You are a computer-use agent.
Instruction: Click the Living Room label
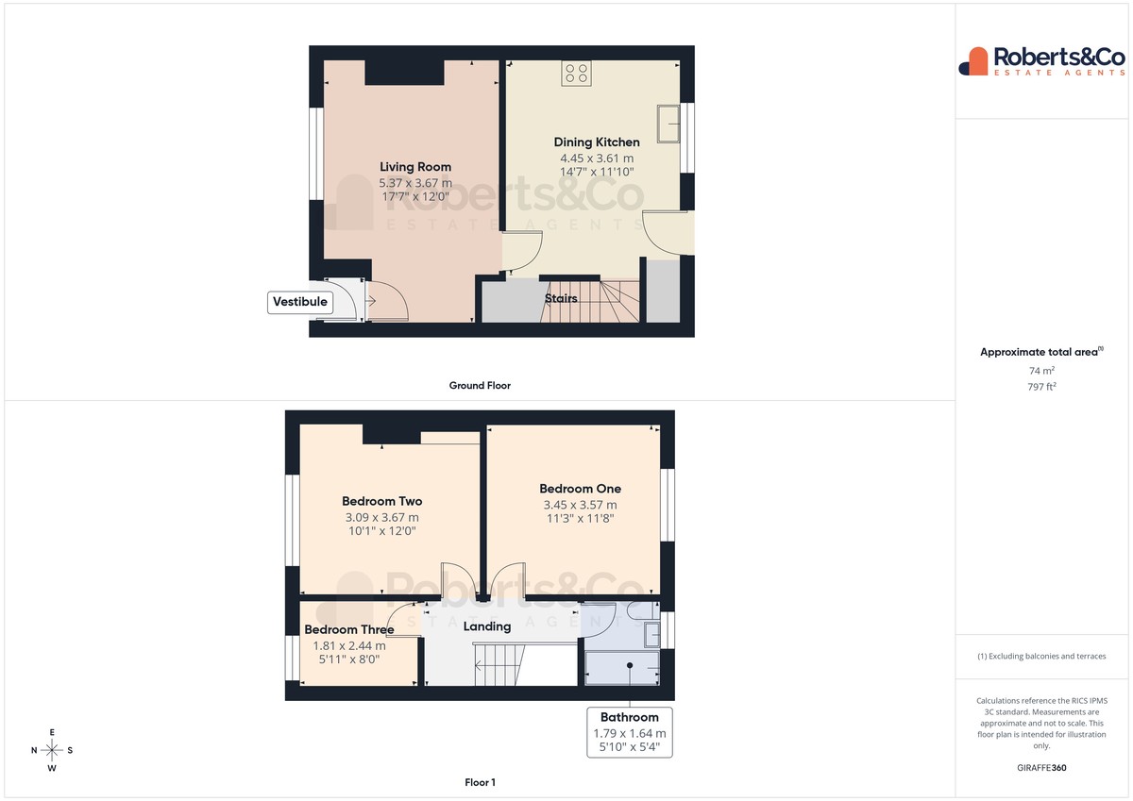[415, 167]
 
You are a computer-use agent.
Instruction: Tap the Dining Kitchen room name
[597, 142]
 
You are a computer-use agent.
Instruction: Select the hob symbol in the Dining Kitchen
[576, 74]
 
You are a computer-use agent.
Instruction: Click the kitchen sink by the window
[668, 124]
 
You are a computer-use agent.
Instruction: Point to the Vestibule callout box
[300, 302]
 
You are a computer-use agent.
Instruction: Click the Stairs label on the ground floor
[561, 299]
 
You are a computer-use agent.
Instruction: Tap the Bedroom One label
[580, 489]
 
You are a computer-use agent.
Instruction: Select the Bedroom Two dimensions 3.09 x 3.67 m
[381, 518]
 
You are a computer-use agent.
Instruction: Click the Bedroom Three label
[349, 629]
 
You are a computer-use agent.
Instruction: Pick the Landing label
[487, 626]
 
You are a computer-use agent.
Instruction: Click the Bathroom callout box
[630, 732]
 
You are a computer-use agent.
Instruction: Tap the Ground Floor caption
[480, 386]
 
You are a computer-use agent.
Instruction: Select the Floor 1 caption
[480, 782]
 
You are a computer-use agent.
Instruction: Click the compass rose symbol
[52, 750]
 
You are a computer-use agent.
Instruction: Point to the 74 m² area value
[1041, 371]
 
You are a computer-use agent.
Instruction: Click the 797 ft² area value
[1041, 387]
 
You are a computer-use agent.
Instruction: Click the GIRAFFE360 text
[1041, 768]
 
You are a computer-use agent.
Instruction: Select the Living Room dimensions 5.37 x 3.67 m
[415, 183]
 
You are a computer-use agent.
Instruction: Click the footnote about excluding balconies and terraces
[1041, 656]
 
